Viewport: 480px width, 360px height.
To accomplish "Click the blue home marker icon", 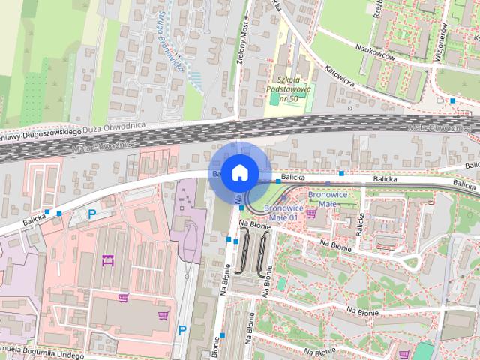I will coord(238,172).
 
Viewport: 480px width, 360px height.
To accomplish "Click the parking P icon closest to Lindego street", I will coord(182,330).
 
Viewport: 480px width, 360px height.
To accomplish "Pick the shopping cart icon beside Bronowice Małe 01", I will coord(310,214).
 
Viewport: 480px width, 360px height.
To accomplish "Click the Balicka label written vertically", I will coord(361,219).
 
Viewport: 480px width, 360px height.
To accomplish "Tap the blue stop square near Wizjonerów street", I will coord(453,100).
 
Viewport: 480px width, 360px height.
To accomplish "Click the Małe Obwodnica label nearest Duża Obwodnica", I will coord(105,144).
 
